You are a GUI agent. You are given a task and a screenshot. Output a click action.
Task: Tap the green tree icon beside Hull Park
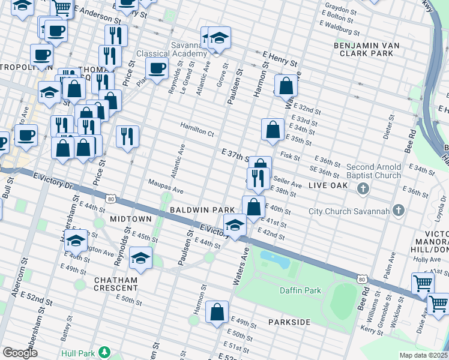tap(105, 352)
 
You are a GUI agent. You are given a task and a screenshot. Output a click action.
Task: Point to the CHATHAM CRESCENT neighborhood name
tap(116, 284)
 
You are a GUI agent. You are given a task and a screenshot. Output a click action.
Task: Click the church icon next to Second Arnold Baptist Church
tap(363, 190)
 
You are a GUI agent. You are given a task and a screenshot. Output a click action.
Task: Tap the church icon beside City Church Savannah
tap(398, 211)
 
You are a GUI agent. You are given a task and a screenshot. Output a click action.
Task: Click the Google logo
tap(20, 353)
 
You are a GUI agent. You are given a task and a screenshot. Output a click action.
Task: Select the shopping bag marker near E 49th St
tap(217, 312)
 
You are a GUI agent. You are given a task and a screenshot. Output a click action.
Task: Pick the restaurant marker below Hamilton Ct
tap(127, 136)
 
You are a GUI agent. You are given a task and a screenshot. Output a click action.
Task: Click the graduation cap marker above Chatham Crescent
tap(140, 258)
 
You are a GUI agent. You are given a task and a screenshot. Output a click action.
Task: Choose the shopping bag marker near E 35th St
tap(273, 130)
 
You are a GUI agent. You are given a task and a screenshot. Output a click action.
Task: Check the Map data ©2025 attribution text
tap(423, 355)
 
